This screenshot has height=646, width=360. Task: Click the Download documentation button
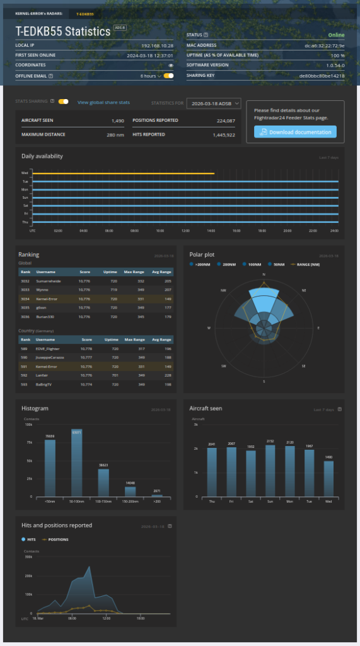click(295, 132)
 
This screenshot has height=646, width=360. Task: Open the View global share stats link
click(103, 102)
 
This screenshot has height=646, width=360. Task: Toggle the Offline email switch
click(168, 76)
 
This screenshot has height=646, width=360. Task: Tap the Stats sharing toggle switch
click(64, 102)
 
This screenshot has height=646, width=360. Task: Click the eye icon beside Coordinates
click(170, 65)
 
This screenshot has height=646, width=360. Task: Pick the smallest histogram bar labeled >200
click(157, 495)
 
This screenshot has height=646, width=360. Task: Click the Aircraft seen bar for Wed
click(328, 478)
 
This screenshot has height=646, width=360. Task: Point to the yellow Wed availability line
click(123, 173)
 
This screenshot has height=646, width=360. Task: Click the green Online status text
click(336, 35)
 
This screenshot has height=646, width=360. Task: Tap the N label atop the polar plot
click(264, 275)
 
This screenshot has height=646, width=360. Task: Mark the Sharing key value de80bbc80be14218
click(322, 76)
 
